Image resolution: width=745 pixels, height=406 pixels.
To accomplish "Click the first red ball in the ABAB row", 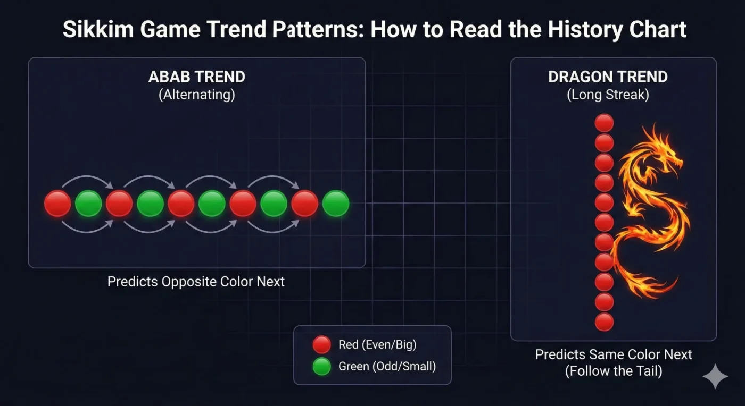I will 57,204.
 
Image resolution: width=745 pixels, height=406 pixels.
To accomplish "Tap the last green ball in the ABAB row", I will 336,204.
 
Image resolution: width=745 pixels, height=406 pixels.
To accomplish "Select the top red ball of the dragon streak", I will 604,123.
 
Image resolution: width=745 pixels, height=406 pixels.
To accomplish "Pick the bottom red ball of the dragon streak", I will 604,322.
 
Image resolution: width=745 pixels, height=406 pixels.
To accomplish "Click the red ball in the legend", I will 321,345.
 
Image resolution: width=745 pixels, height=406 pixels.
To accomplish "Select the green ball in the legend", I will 321,366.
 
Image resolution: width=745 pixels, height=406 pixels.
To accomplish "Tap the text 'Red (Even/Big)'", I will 377,345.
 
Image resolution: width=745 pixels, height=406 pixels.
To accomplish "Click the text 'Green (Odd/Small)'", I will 387,366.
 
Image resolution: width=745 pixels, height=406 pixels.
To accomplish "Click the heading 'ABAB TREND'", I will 196,77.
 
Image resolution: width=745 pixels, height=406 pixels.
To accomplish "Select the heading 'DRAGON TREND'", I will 608,77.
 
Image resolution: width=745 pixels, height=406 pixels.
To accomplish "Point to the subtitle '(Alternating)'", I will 196,96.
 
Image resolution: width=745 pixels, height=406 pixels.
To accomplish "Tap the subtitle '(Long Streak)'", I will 608,96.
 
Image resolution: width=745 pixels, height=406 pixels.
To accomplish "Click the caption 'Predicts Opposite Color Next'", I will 196,281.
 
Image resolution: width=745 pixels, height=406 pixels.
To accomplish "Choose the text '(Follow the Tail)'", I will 614,371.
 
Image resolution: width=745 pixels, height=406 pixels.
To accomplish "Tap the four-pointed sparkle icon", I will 715,376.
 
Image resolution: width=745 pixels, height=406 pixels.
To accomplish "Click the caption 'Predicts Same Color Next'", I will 614,354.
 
